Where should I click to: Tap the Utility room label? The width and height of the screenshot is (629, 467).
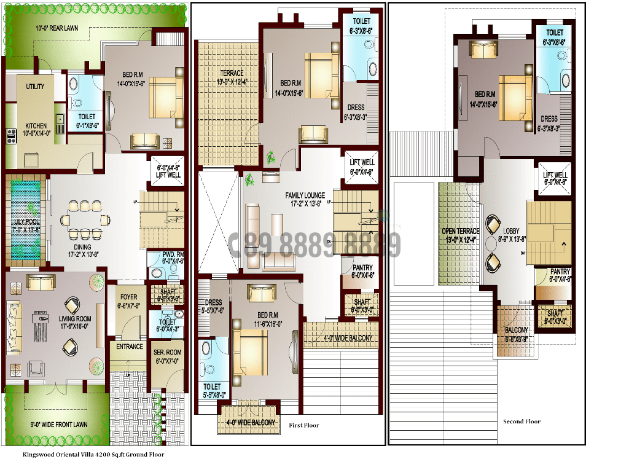[35, 87]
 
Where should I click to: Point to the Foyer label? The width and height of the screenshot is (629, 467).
[128, 297]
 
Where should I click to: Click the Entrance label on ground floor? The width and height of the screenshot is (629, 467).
[130, 347]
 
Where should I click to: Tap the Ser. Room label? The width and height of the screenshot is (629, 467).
[167, 353]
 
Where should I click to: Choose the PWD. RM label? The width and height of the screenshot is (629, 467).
[174, 254]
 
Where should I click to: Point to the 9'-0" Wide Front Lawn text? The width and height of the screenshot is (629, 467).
[59, 424]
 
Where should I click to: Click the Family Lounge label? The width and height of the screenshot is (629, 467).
[305, 195]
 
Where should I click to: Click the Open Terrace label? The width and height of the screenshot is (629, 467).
[460, 232]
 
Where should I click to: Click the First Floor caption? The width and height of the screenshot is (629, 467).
[304, 425]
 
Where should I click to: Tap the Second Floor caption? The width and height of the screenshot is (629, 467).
[522, 422]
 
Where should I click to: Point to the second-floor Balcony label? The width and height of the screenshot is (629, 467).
[517, 330]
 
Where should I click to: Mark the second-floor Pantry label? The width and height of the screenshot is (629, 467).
[560, 272]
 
